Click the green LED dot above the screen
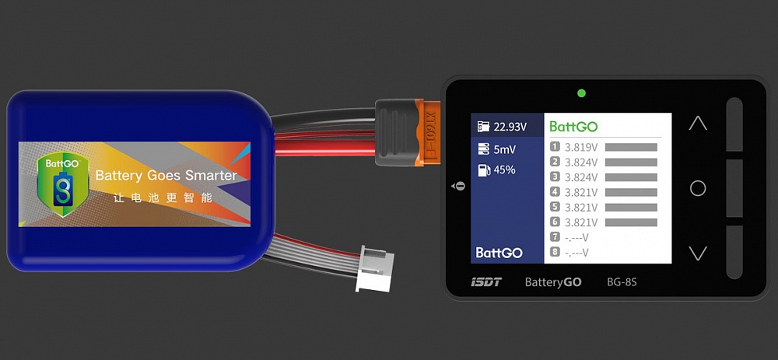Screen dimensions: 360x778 (581, 94)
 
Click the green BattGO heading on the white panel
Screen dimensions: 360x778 (573, 126)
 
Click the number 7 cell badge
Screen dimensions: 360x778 (555, 236)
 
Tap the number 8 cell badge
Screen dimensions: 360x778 (555, 252)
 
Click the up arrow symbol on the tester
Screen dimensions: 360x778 (698, 124)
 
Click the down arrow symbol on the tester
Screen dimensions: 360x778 (698, 253)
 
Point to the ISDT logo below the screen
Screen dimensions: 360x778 (486, 281)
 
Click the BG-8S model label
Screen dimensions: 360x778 (622, 281)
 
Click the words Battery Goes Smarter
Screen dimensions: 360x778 (166, 176)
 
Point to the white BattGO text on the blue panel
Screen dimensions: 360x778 (499, 253)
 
